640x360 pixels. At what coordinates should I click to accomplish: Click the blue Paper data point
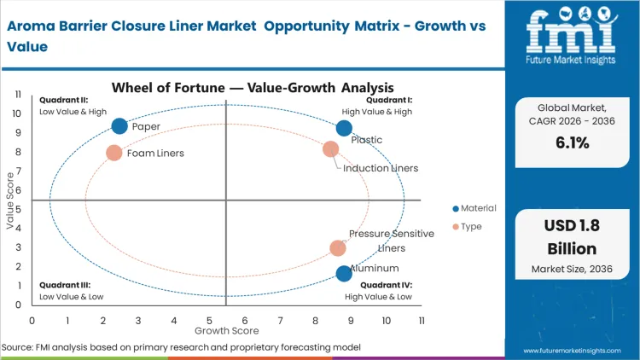pos(119,126)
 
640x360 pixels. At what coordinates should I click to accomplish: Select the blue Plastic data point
pos(344,128)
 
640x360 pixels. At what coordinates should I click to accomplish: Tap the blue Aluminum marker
pos(344,274)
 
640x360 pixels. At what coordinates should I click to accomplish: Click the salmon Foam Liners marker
pos(114,153)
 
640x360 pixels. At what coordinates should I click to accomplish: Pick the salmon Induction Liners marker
pos(330,149)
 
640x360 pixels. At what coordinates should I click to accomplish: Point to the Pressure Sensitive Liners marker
pos(338,248)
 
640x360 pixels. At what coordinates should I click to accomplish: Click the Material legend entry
pos(474,208)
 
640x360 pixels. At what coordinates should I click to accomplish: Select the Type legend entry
pos(468,226)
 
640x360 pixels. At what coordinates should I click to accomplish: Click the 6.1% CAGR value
pos(572,142)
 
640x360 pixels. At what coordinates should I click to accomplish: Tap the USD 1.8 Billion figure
pos(572,238)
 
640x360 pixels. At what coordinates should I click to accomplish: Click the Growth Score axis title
pos(226,329)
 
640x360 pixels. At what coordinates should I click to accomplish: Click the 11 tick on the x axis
pos(422,320)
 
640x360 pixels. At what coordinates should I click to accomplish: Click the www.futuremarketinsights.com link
pos(573,350)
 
